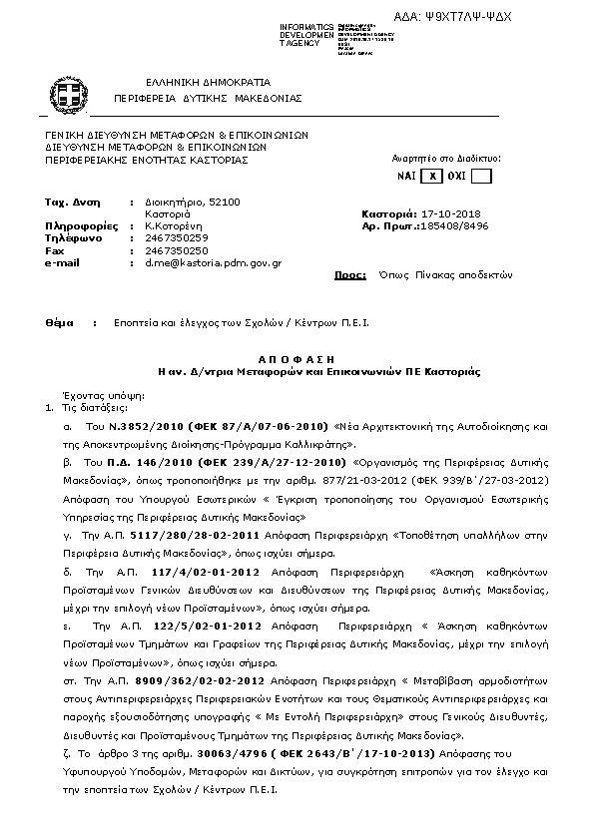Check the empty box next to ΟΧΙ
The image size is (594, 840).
coord(481,177)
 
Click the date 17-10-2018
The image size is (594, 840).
coord(451,213)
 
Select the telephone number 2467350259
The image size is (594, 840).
coord(177,238)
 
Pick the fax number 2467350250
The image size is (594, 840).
coord(177,250)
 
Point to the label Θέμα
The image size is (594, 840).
coord(60,323)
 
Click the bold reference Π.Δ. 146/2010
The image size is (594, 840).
coord(138,464)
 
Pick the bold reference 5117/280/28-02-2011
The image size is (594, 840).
coord(176,536)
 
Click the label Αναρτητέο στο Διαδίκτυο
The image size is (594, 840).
coord(445,158)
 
